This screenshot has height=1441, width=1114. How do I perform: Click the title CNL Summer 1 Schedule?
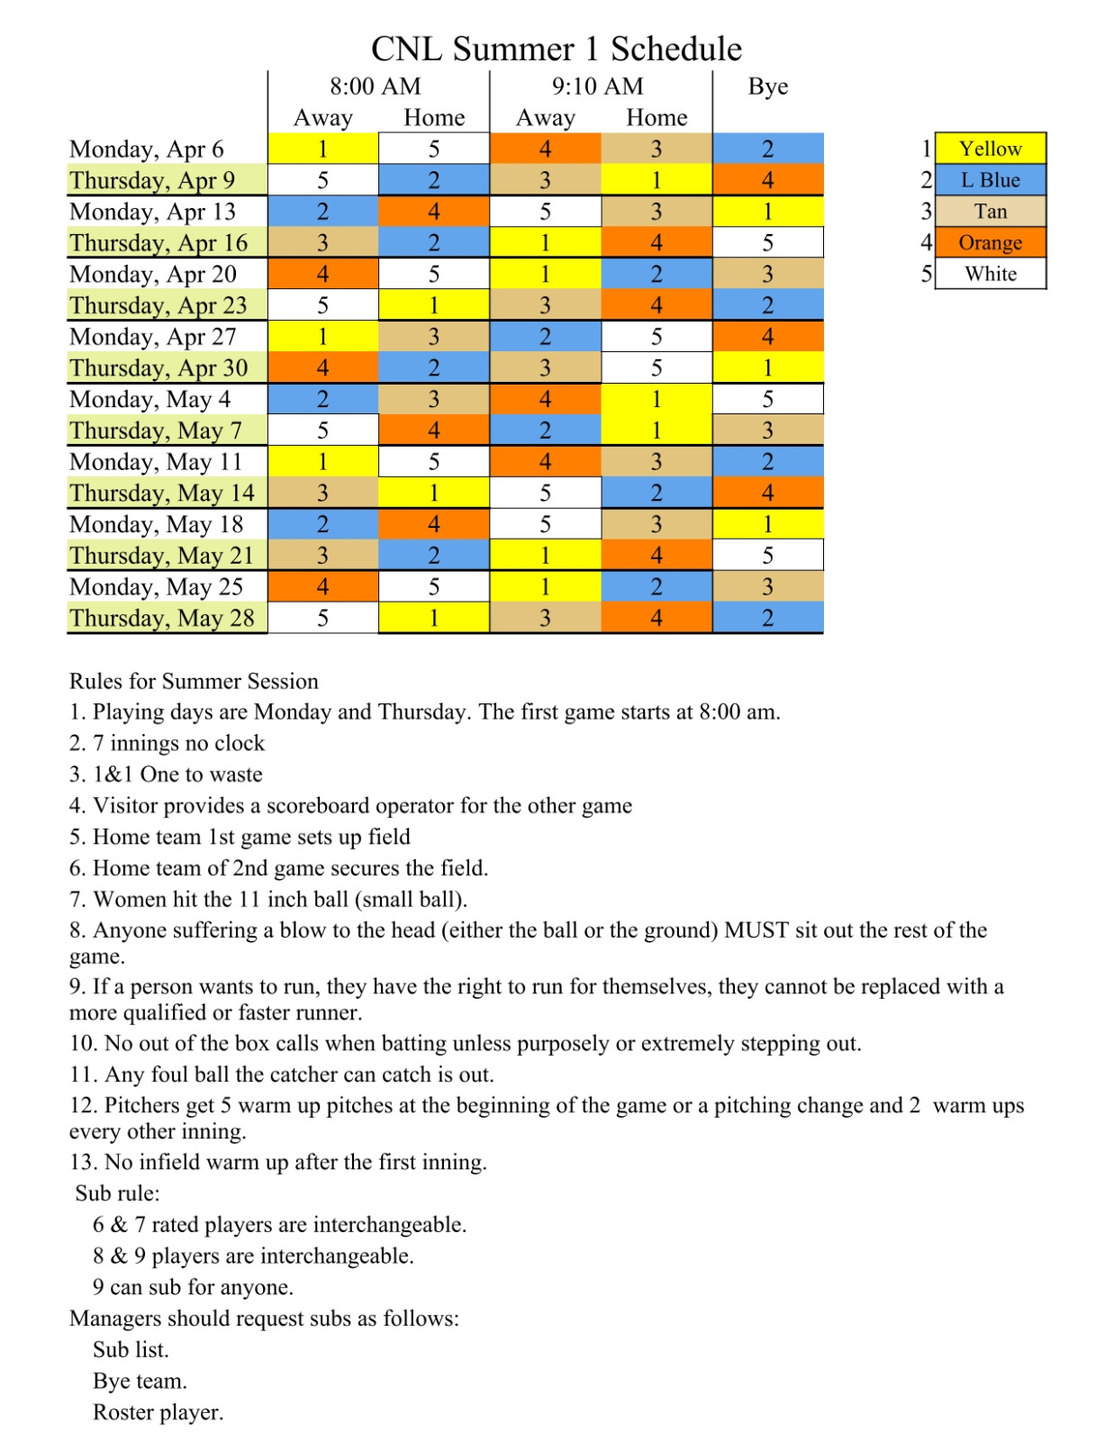tap(557, 49)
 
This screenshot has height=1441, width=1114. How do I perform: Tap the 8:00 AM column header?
tap(376, 86)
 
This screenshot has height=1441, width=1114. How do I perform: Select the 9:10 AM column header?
tap(598, 86)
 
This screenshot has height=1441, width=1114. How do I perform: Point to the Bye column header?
tap(767, 86)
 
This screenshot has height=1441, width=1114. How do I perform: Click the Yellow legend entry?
tap(990, 149)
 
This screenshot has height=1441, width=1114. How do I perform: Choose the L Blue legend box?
tap(990, 180)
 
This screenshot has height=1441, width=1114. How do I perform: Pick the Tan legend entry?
tap(990, 212)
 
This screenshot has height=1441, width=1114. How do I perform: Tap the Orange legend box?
tap(990, 243)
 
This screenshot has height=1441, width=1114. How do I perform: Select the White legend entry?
tap(990, 274)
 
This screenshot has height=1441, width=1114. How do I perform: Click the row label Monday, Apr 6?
tap(147, 150)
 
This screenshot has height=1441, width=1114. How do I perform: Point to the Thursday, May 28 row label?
tap(162, 619)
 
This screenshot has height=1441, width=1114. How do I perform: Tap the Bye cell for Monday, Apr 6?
tap(767, 150)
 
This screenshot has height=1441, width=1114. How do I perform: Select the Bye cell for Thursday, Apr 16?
tap(767, 243)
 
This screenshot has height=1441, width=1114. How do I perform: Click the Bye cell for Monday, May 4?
tap(767, 399)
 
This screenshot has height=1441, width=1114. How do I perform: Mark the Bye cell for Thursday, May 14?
tap(767, 494)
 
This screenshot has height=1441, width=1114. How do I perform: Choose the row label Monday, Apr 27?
tap(153, 337)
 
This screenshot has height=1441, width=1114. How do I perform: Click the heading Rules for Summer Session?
tap(194, 682)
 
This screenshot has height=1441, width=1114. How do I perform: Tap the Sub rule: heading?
tap(117, 1193)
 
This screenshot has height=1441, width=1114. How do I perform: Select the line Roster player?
tap(158, 1412)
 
